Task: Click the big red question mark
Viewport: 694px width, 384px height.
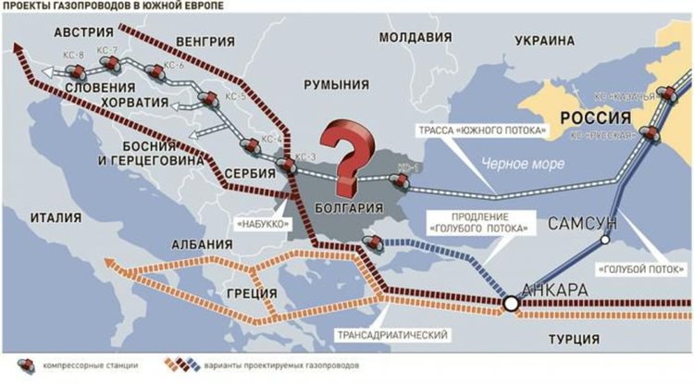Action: click(349, 150)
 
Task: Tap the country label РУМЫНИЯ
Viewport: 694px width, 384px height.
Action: click(342, 84)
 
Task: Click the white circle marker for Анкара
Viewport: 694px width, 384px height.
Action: click(510, 303)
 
